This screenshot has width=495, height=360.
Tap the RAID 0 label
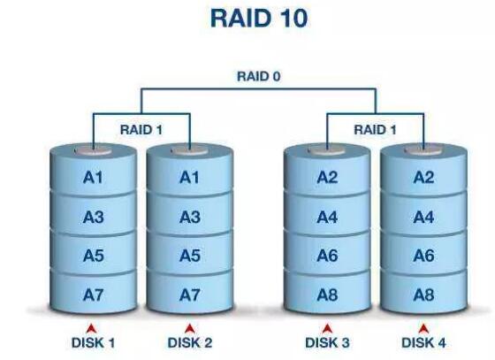coord(258,76)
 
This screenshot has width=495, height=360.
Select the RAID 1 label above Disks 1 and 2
coord(142,129)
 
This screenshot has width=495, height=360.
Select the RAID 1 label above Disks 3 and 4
coord(377,129)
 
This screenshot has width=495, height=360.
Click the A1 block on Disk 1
coord(93,178)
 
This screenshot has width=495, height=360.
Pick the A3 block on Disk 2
coord(189,217)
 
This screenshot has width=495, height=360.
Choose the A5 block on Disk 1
coord(93,256)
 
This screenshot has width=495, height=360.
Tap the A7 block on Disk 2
coord(189,294)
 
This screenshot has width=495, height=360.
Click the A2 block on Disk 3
coord(327,178)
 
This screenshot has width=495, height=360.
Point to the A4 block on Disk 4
coord(423,217)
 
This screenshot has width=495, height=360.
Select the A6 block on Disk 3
coord(327,256)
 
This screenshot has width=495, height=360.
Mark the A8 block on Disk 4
coord(423,294)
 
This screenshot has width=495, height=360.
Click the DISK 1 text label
coord(93,342)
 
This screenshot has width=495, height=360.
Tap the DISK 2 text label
coord(190,342)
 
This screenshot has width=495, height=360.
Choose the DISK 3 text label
coord(327,342)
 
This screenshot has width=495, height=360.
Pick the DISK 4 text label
coord(423,342)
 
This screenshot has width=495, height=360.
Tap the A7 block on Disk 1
coord(93,294)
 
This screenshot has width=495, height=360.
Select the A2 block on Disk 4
coord(423,178)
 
